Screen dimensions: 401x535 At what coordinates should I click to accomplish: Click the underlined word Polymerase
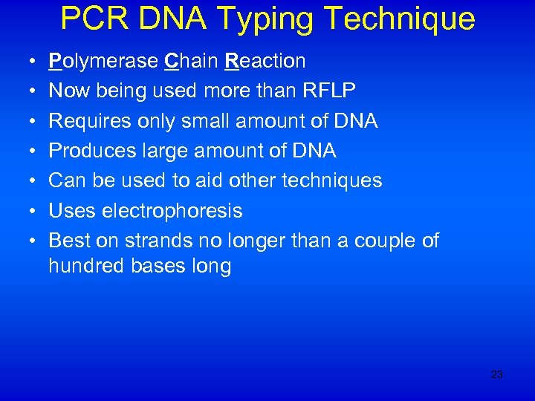click(x=103, y=60)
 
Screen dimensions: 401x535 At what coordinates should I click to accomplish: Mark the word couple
click(x=382, y=241)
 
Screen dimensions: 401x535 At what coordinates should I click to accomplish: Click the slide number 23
click(x=497, y=375)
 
